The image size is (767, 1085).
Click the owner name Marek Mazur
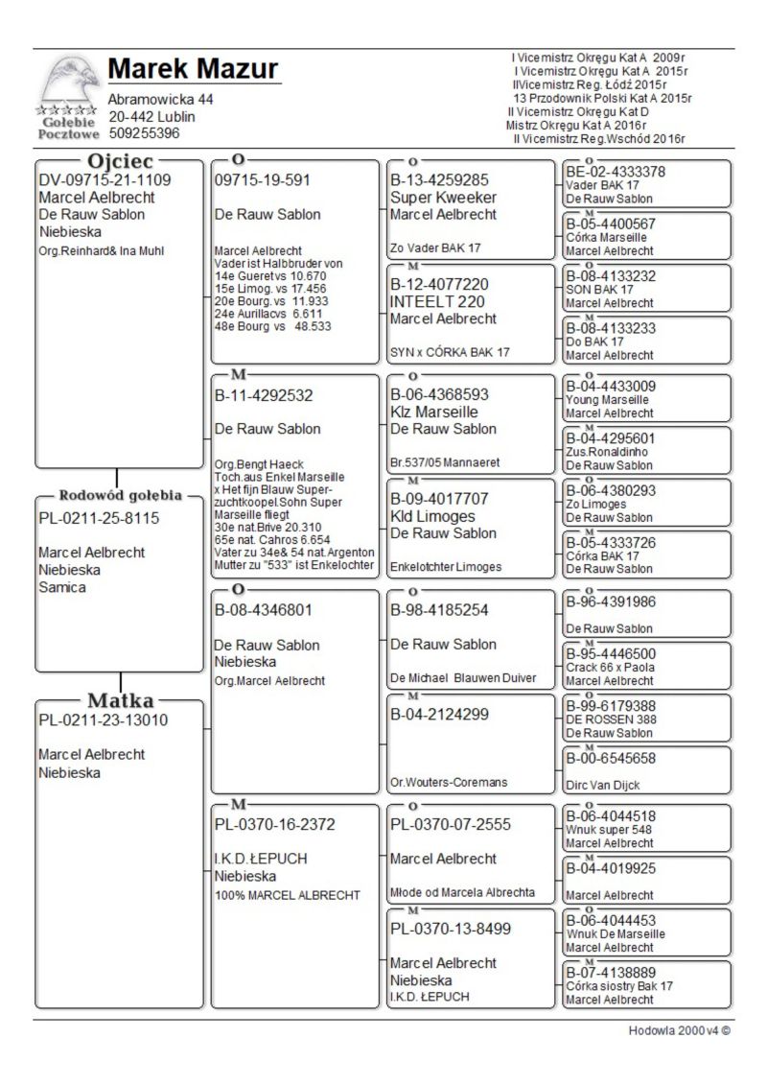point(193,69)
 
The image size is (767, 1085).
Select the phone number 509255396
point(144,134)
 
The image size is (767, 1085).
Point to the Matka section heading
point(120,700)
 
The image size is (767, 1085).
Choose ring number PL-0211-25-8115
point(99,518)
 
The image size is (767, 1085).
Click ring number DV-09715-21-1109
point(105,179)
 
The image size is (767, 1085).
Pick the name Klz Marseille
point(433,412)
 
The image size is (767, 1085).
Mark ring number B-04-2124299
point(439,714)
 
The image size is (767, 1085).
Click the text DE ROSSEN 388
point(612,719)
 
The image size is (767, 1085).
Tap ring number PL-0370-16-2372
point(276,824)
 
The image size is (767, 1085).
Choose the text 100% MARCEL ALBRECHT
point(288,895)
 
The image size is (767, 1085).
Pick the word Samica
point(62,587)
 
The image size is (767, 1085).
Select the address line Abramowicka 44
point(161,100)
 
